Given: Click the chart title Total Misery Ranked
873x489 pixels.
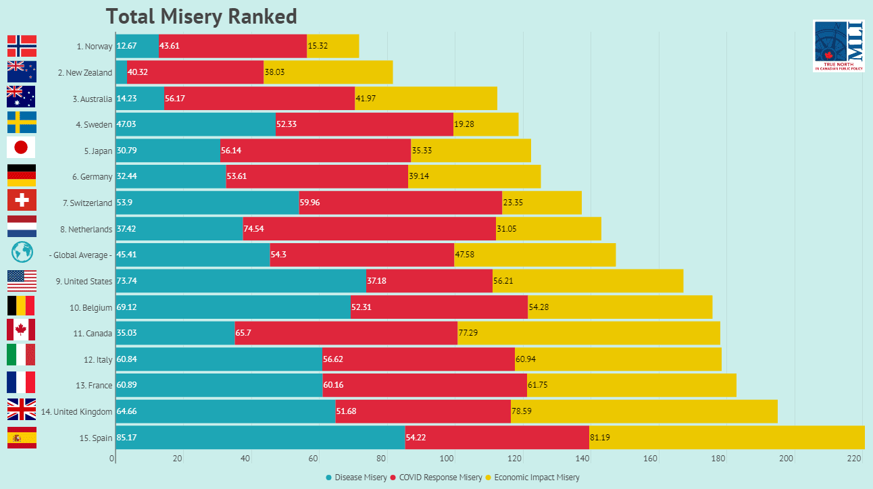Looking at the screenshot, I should (x=201, y=16).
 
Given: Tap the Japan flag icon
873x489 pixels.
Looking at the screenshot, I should (x=21, y=147).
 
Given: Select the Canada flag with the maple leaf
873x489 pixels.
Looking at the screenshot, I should (x=21, y=330).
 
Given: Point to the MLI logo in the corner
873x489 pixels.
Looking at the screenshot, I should (x=839, y=46).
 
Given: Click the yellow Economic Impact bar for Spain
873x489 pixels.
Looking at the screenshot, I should (x=726, y=437).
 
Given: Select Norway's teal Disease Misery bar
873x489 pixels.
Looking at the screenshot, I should (x=137, y=46).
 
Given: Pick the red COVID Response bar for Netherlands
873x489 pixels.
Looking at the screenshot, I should (x=369, y=229).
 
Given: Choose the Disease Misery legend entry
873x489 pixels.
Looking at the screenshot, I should (x=356, y=478).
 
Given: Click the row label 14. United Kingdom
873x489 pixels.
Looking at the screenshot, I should (x=76, y=411).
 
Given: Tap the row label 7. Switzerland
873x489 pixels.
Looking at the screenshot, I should (x=87, y=203).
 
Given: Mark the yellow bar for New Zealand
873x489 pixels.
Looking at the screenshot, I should (x=328, y=72).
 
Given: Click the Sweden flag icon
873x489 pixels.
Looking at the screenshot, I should (x=21, y=122).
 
